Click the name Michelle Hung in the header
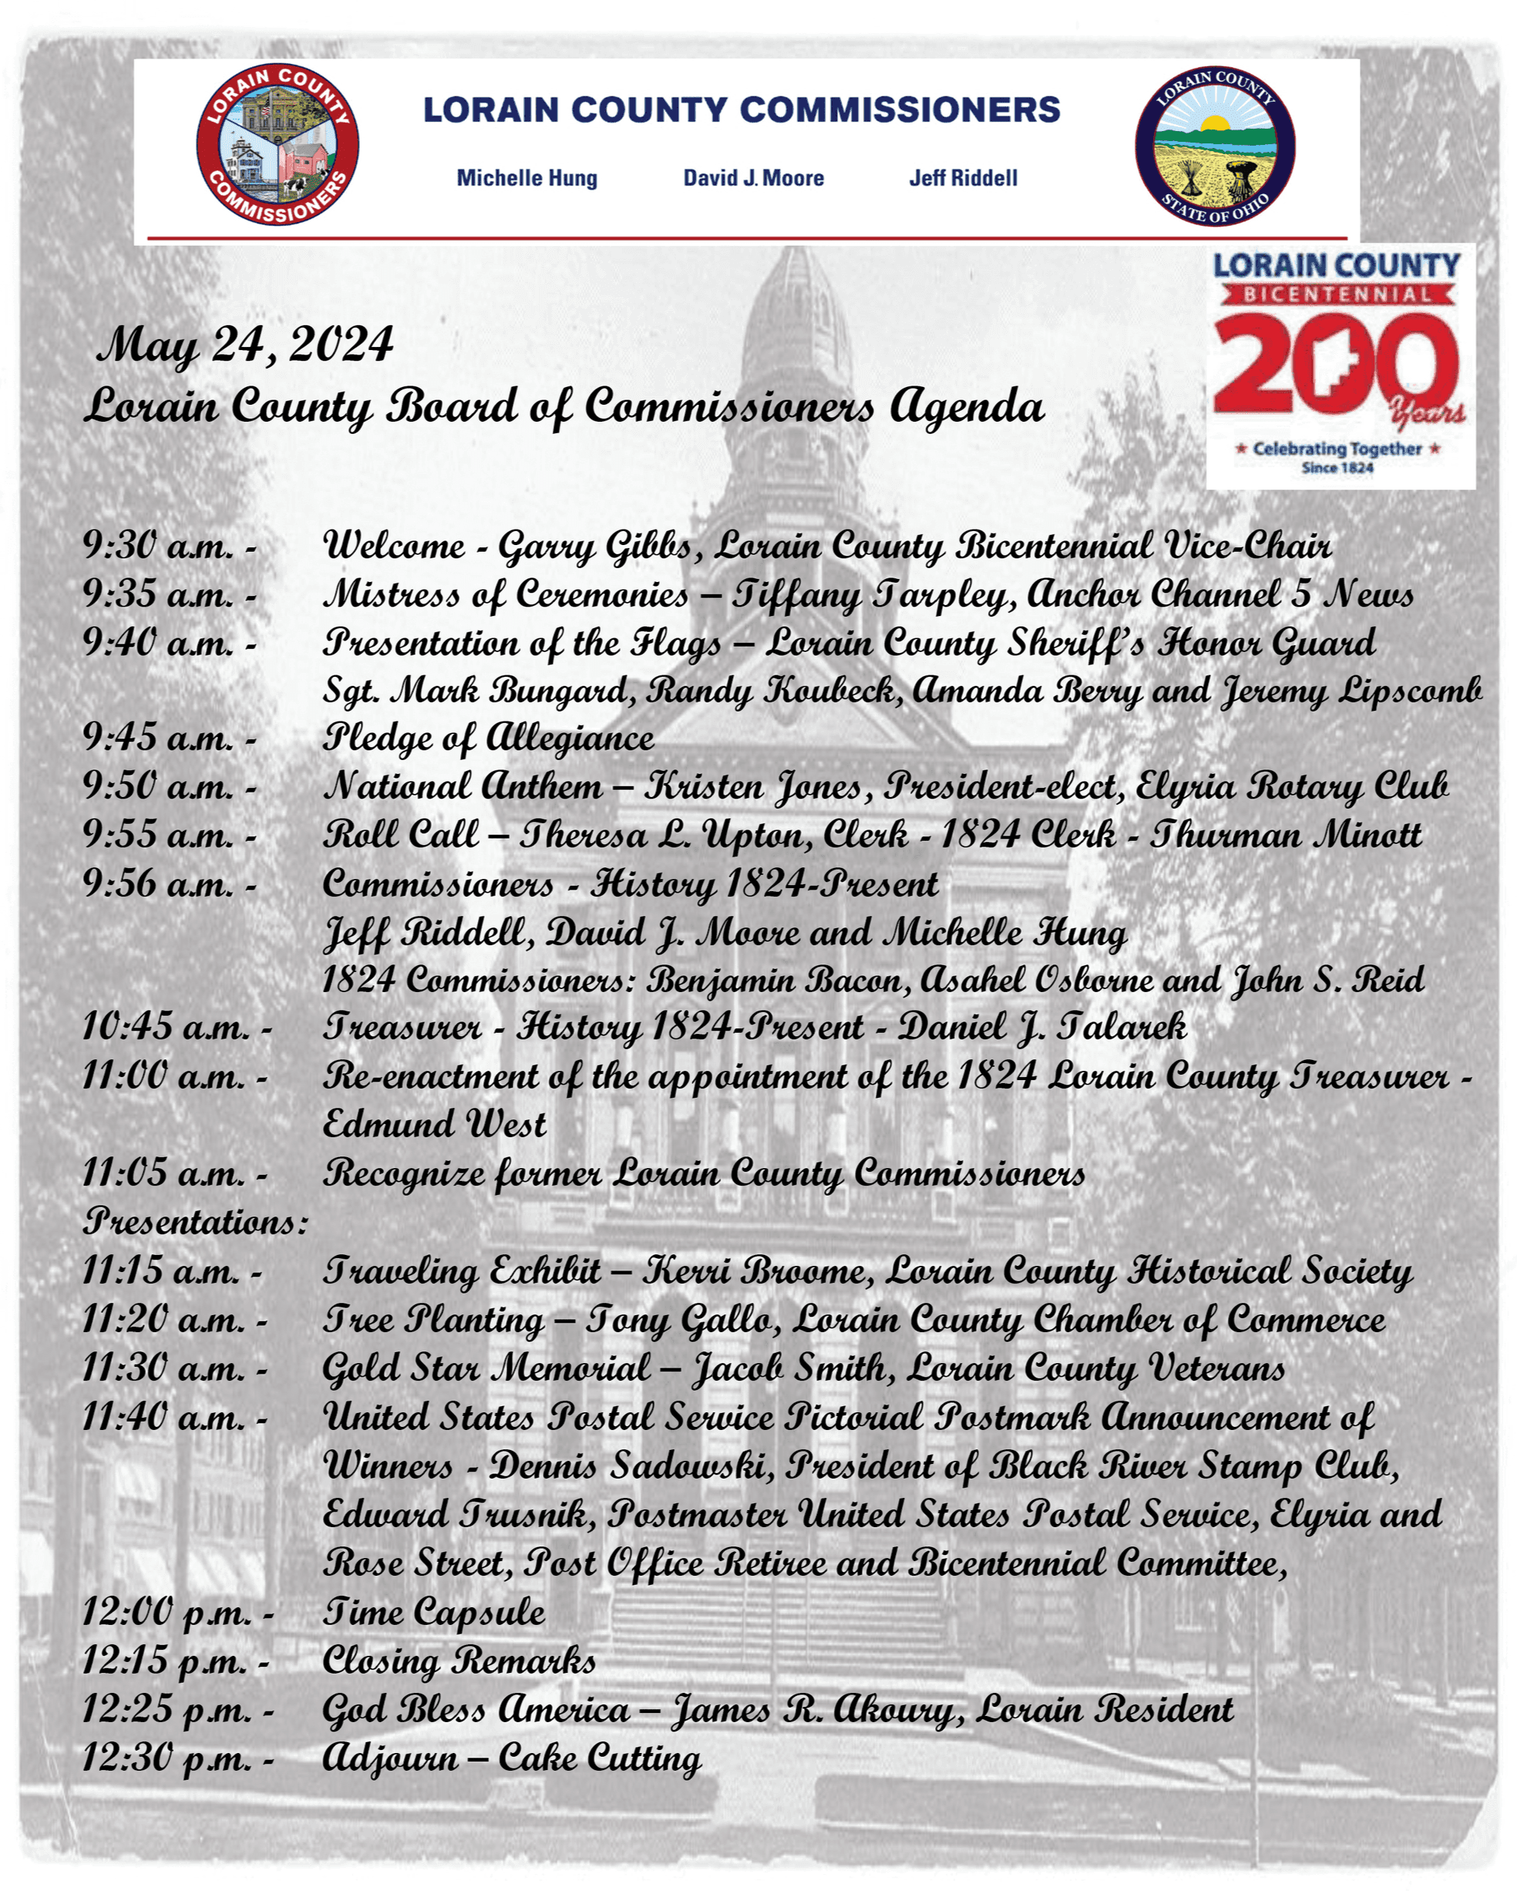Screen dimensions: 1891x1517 tap(526, 178)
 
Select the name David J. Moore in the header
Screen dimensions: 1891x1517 tap(753, 178)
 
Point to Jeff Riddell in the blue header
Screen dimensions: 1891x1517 tap(963, 178)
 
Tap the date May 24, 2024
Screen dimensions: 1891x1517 tap(246, 345)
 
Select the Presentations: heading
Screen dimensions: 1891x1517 tap(196, 1222)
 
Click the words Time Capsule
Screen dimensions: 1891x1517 tap(434, 1611)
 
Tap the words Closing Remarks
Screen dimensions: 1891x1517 tap(459, 1661)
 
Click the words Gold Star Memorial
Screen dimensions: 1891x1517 tap(486, 1368)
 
